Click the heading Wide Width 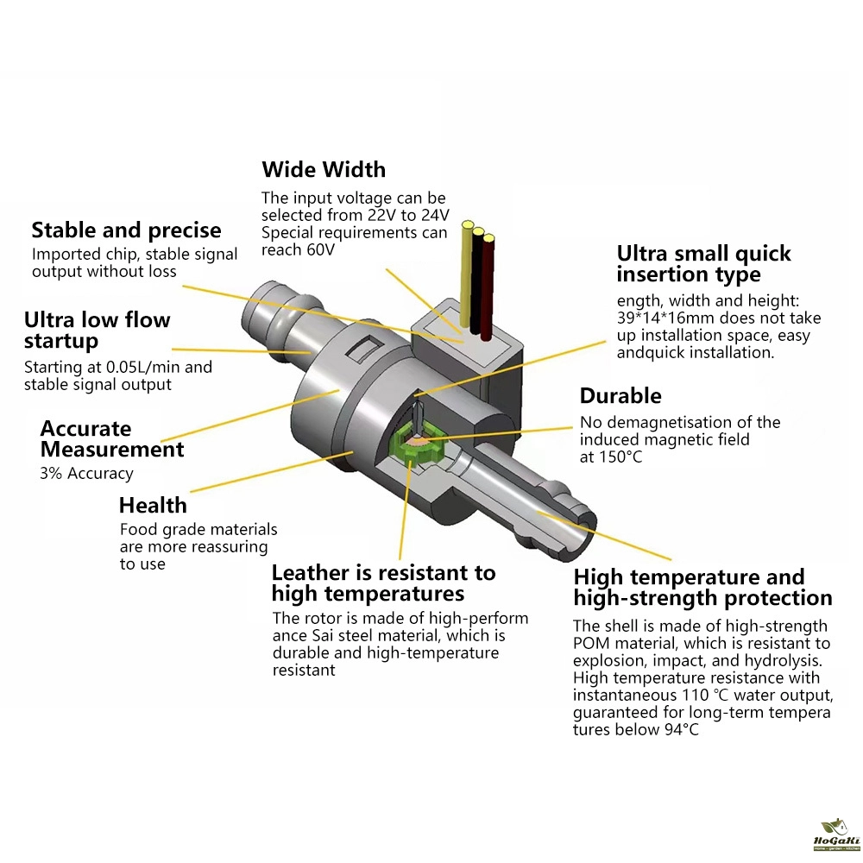tap(324, 169)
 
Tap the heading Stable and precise tap(126, 230)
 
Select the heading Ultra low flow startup tap(97, 331)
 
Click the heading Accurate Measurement tap(112, 438)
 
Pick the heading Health tap(153, 505)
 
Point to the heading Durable tap(620, 396)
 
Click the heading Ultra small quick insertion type tap(703, 263)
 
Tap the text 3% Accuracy tap(86, 473)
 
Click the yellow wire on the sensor tap(466, 274)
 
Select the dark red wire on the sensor tap(487, 287)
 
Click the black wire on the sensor tap(476, 280)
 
